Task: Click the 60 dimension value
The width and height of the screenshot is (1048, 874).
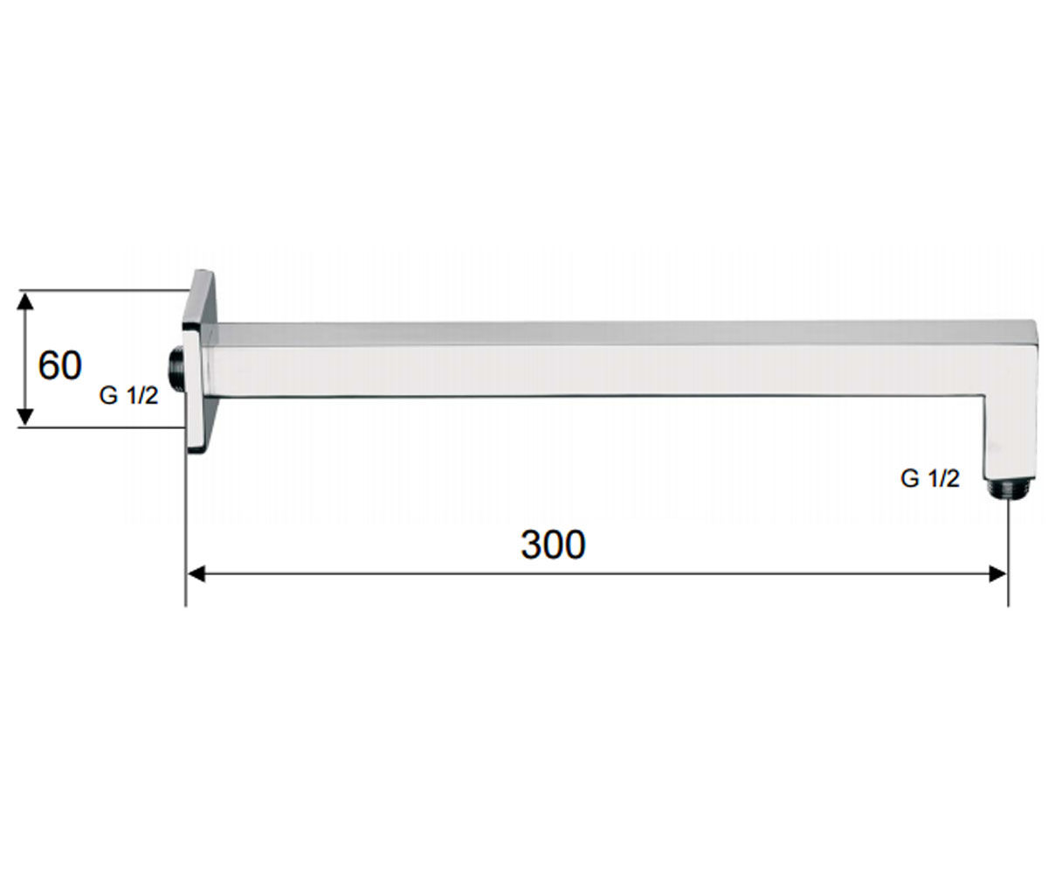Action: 59,365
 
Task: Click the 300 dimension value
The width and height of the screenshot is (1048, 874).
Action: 553,545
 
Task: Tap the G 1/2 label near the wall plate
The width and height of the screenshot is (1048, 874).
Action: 128,396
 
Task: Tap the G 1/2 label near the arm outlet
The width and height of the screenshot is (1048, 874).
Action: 930,478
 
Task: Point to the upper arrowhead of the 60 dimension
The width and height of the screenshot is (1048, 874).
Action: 25,302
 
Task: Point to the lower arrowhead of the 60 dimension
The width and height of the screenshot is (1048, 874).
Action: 25,416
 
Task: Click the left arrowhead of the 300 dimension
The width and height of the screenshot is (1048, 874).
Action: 196,573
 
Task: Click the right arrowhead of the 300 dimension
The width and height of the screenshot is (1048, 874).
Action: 997,573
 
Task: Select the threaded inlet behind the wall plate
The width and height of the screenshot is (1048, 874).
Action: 176,370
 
